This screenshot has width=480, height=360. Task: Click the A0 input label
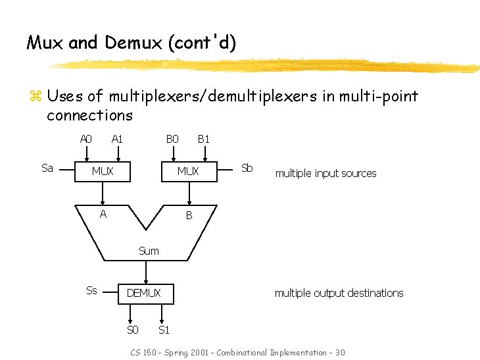85,139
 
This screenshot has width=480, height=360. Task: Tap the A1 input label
118,139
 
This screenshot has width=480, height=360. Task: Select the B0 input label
172,139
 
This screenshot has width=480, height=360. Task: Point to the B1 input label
204,139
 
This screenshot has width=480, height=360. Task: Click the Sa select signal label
47,168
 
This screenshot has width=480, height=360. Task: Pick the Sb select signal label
247,167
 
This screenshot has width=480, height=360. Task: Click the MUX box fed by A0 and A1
103,171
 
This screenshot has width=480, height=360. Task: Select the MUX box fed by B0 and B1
189,171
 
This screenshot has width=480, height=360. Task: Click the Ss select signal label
92,290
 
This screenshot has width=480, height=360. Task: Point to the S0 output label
132,330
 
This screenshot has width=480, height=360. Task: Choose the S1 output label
164,330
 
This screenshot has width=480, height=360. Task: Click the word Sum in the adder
149,251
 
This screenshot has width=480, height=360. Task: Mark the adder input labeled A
103,213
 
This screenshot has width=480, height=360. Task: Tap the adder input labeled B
189,215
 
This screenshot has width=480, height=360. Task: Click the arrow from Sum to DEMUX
146,271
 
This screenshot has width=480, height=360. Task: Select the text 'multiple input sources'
325,174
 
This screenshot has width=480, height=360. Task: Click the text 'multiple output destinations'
339,293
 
